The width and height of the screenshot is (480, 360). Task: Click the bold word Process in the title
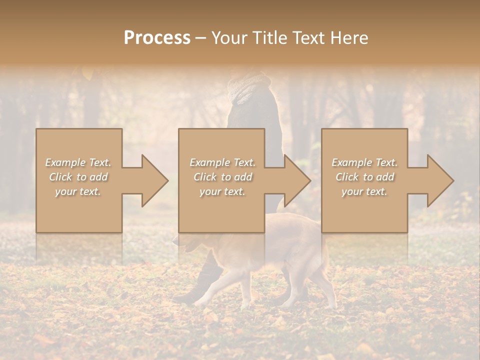click(x=157, y=38)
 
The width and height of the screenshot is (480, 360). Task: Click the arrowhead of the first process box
click(x=152, y=180)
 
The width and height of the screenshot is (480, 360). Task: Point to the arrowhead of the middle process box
click(x=295, y=180)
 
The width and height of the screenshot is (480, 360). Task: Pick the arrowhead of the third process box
click(x=438, y=180)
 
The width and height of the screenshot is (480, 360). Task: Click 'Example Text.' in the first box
click(x=78, y=162)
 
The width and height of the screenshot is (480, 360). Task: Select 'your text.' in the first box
click(x=78, y=191)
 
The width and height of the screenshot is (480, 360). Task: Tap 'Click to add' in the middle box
click(x=222, y=177)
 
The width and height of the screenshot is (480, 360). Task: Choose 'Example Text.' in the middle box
click(x=222, y=162)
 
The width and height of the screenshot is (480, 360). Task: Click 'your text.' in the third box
click(x=364, y=191)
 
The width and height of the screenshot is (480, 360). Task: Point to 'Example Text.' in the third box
click(x=364, y=162)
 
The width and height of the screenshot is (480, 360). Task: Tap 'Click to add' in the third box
click(x=364, y=177)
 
